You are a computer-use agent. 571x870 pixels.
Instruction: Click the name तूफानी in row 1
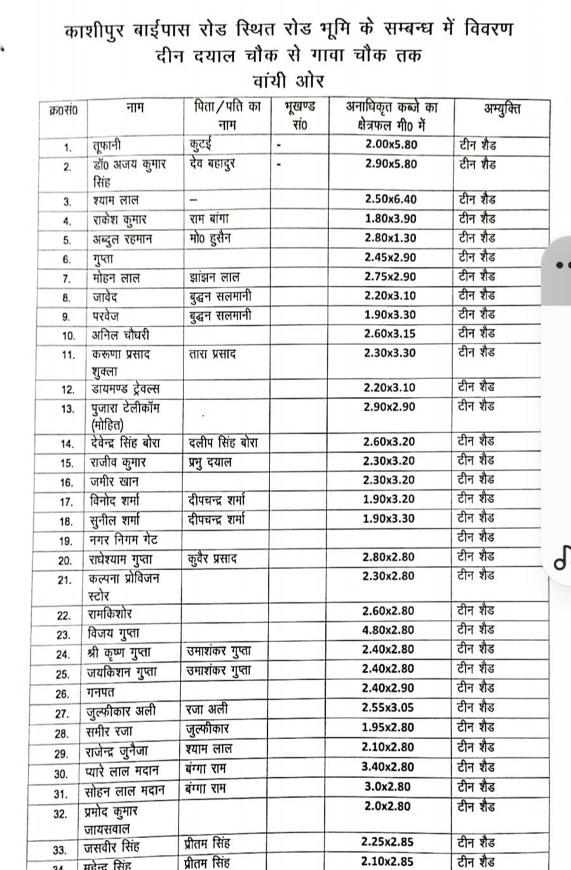click(x=105, y=145)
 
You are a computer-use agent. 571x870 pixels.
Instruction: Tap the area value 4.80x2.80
click(x=388, y=630)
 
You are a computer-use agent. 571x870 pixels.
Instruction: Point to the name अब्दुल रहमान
click(x=121, y=239)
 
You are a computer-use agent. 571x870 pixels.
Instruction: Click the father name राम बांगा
click(x=209, y=219)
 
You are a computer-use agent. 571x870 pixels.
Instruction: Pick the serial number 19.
click(x=66, y=541)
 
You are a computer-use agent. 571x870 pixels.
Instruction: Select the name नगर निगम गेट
click(x=123, y=540)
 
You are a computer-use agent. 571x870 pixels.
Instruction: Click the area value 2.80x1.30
click(x=391, y=238)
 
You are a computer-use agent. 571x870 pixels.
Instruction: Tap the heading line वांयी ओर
click(x=288, y=81)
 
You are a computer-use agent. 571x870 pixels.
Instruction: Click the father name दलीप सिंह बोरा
click(x=223, y=442)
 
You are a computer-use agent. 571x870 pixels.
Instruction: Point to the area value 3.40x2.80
click(x=387, y=767)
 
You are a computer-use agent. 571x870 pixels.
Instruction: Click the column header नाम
click(x=135, y=108)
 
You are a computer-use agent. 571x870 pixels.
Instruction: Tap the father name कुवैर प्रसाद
click(x=213, y=559)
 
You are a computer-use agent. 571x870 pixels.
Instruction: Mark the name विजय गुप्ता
click(x=114, y=633)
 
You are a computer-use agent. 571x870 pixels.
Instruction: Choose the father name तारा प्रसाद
click(x=213, y=354)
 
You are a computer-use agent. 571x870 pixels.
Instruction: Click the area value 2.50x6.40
click(x=391, y=199)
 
